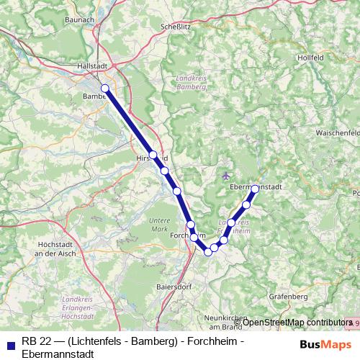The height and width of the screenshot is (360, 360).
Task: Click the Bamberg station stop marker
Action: (x=105, y=89)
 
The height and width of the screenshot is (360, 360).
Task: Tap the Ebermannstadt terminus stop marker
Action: (x=255, y=189)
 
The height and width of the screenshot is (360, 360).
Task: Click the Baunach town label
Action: (x=81, y=19)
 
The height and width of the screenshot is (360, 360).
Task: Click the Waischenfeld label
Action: (x=337, y=134)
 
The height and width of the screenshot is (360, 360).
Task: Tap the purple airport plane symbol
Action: (x=228, y=176)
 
